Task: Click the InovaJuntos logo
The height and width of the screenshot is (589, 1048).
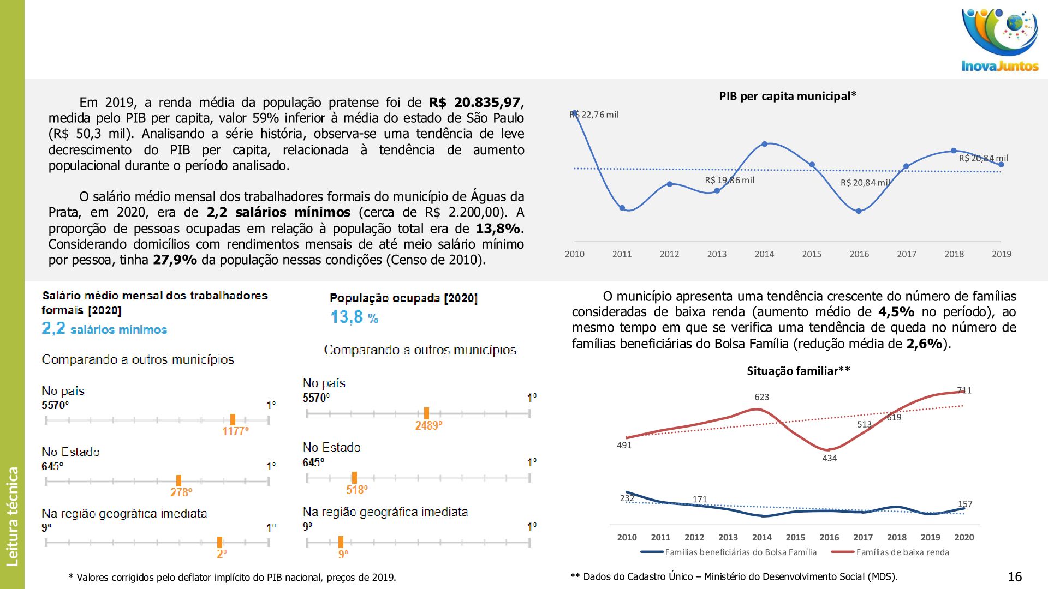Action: tap(999, 40)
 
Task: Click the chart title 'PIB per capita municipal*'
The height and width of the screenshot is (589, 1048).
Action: tap(787, 97)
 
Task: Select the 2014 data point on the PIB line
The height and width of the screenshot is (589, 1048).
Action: tap(764, 144)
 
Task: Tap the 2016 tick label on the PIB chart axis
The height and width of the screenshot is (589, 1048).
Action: tap(859, 254)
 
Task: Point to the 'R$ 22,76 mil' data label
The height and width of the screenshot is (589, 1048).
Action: tap(594, 115)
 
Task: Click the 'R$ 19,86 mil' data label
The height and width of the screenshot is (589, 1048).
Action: tap(729, 181)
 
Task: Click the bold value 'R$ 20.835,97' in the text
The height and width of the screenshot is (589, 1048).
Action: tap(474, 103)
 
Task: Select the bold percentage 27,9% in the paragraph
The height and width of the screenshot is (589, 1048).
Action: tap(175, 260)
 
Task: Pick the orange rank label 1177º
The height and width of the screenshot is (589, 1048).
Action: tap(235, 431)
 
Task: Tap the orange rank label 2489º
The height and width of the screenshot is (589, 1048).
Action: tap(428, 426)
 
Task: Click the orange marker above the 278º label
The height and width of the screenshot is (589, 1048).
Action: tap(178, 480)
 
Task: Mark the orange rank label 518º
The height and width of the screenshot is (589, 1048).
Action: tap(356, 490)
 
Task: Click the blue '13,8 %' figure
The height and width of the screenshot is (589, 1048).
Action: tap(354, 317)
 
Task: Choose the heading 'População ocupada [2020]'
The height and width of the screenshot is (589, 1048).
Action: tap(403, 298)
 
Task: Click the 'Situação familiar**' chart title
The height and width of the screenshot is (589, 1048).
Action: tap(798, 371)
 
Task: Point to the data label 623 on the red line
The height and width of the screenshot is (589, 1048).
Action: tap(761, 397)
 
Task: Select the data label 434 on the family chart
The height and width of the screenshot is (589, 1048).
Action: tap(829, 458)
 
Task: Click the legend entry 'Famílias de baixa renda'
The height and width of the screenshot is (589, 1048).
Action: tap(902, 552)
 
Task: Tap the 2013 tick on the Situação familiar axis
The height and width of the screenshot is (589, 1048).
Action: tap(728, 538)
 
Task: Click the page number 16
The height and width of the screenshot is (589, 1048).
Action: tap(1014, 577)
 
